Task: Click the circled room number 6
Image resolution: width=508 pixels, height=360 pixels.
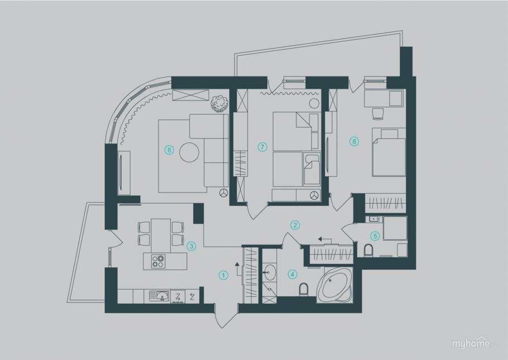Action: pyautogui.click(x=169, y=150)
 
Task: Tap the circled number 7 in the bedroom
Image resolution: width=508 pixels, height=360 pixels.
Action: pyautogui.click(x=262, y=147)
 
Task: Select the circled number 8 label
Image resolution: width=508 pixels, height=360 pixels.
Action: pyautogui.click(x=354, y=141)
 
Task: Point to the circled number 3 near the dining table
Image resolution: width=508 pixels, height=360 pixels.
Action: pyautogui.click(x=191, y=246)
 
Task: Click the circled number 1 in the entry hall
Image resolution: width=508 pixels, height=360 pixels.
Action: pyautogui.click(x=223, y=275)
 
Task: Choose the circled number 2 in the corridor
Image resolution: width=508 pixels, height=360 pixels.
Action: pyautogui.click(x=295, y=225)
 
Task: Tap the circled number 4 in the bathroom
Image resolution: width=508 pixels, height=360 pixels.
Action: pyautogui.click(x=292, y=275)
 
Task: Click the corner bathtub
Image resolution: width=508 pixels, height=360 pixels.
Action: pyautogui.click(x=334, y=285)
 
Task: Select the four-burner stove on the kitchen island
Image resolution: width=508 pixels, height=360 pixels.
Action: pyautogui.click(x=159, y=261)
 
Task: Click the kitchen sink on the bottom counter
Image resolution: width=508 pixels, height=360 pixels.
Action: pyautogui.click(x=159, y=296)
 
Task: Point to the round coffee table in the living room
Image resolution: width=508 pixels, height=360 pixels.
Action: pyautogui.click(x=189, y=152)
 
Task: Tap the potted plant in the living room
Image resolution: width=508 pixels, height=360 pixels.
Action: pyautogui.click(x=219, y=103)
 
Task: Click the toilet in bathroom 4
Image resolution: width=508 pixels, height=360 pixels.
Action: pyautogui.click(x=303, y=289)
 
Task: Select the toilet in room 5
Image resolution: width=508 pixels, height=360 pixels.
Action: pyautogui.click(x=368, y=251)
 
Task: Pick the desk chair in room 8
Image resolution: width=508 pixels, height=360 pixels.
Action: pyautogui.click(x=378, y=114)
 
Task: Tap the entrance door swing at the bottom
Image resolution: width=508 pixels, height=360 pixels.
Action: pyautogui.click(x=223, y=316)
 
